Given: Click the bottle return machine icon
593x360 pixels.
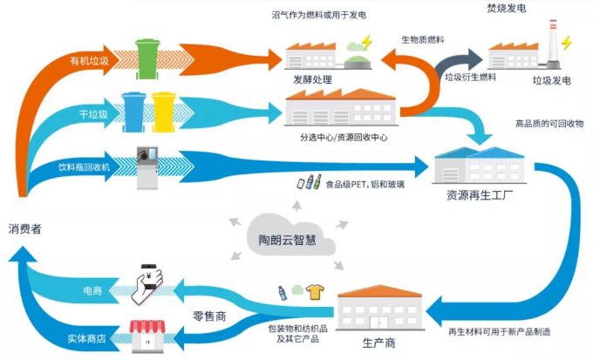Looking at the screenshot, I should [146, 162].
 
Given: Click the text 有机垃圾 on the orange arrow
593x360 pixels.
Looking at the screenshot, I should [89, 61].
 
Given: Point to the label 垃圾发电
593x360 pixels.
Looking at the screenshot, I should [552, 81].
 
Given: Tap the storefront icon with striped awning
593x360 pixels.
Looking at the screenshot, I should [147, 336].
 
